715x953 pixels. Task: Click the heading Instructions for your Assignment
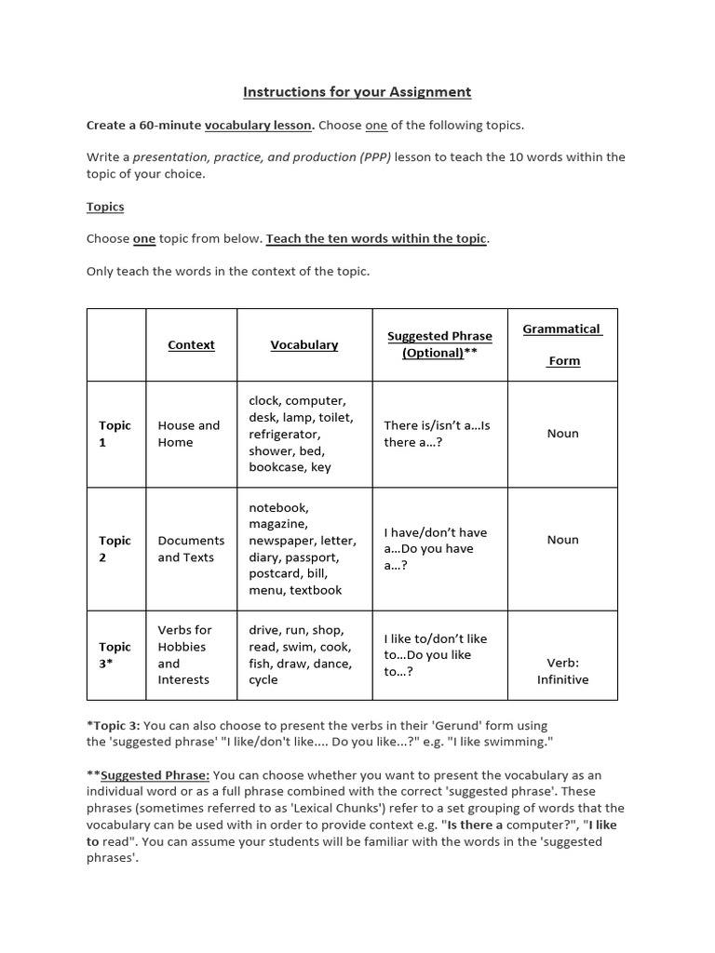(x=357, y=92)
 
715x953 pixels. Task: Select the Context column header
(x=191, y=344)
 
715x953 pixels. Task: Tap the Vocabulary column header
(x=304, y=344)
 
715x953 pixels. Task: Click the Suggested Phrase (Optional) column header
(x=439, y=344)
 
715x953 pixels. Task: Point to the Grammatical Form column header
(x=562, y=344)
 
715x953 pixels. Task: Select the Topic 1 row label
(x=115, y=434)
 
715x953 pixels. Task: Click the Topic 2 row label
(x=115, y=549)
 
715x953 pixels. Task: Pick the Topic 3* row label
(x=115, y=655)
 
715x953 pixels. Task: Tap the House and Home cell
(x=189, y=434)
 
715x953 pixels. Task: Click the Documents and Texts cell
(x=191, y=549)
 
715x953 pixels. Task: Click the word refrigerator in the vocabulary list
(x=284, y=434)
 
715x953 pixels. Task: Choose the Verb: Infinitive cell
(x=562, y=671)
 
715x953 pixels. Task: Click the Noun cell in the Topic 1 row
(x=562, y=434)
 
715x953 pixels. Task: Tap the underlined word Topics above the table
(x=105, y=207)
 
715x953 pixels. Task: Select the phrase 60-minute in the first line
(x=171, y=125)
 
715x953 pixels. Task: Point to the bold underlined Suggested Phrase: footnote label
(x=155, y=775)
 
